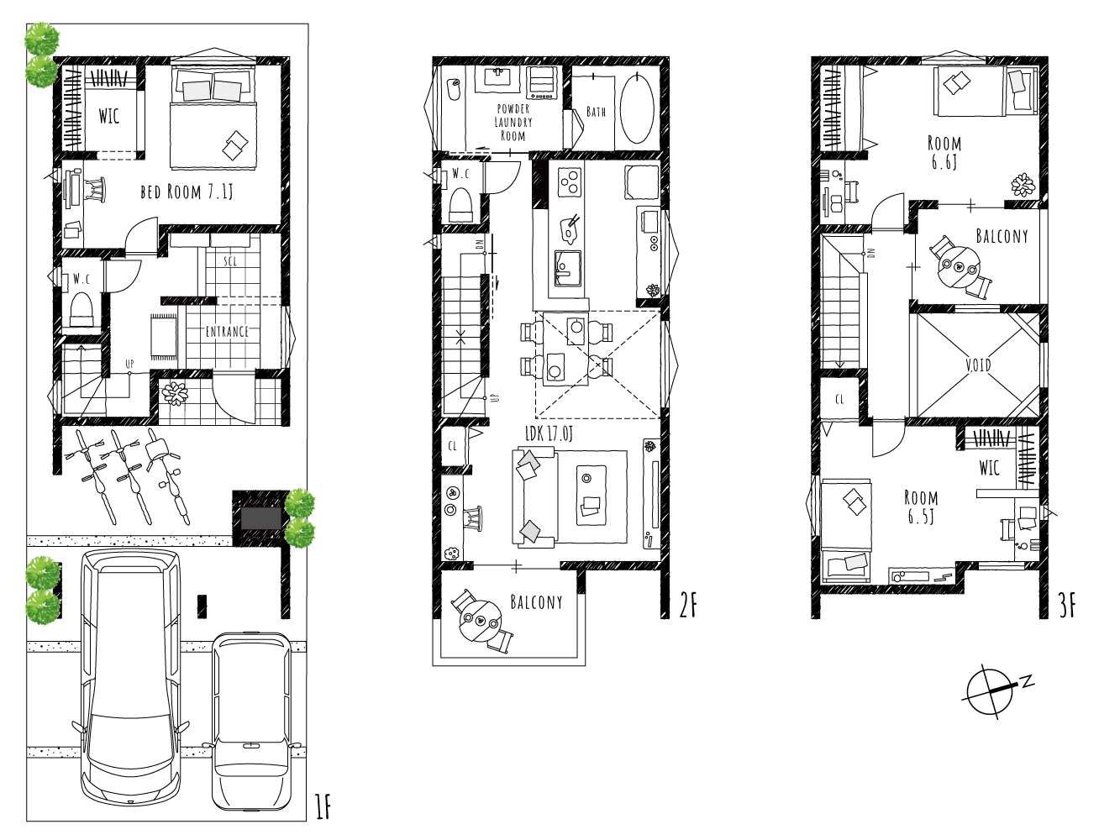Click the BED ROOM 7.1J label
[187, 192]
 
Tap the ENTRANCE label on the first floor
[227, 332]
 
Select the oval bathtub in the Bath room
[637, 108]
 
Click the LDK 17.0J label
[549, 434]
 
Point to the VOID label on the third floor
[978, 365]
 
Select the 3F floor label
[1067, 606]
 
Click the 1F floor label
[323, 807]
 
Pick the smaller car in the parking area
[251, 721]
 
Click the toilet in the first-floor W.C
[82, 308]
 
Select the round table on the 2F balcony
[480, 622]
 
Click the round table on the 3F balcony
[960, 268]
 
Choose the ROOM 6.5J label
[921, 507]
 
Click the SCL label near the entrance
[230, 261]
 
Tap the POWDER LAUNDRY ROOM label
[513, 123]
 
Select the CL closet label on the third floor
[839, 399]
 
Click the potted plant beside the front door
[175, 393]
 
